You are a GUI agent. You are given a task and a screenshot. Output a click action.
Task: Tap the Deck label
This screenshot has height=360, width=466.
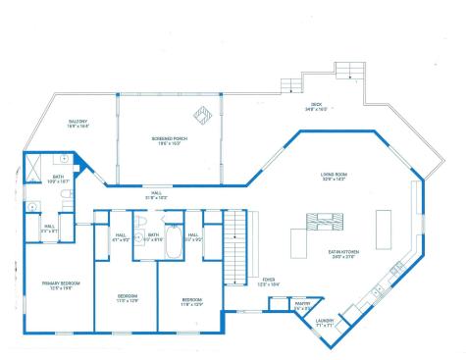[x=316, y=107]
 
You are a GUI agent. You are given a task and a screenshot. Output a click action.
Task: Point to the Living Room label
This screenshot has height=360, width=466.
[x=335, y=178]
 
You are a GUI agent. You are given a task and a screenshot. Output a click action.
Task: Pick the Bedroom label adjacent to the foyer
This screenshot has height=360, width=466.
[x=191, y=301]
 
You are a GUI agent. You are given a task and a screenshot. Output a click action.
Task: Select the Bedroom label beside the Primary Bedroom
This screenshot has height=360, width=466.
[x=128, y=297]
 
